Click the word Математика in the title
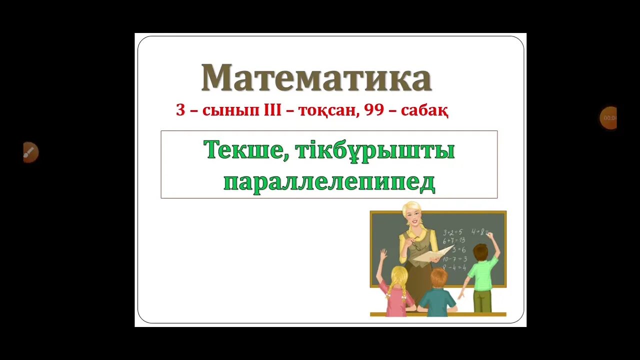[x=316, y=78]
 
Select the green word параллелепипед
[x=329, y=182]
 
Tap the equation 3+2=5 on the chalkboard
[x=452, y=232]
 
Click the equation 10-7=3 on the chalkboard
[x=454, y=258]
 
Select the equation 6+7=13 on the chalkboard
[x=454, y=240]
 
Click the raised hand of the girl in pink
[x=383, y=254]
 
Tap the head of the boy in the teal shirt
[x=439, y=276]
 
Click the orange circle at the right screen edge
[x=608, y=118]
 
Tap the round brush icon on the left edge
[x=30, y=152]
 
